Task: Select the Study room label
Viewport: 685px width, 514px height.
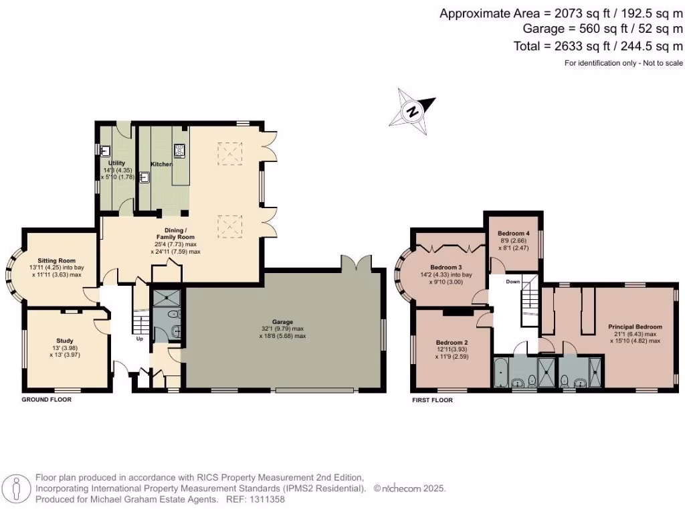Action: click(x=65, y=341)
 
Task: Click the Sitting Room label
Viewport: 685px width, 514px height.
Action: click(x=56, y=260)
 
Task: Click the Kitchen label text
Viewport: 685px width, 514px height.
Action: click(x=161, y=164)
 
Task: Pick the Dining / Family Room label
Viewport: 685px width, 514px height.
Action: click(x=175, y=233)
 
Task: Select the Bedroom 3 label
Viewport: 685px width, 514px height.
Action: click(x=446, y=267)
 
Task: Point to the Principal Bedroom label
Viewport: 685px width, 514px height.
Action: click(x=635, y=327)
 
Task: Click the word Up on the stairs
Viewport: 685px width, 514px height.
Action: click(x=139, y=339)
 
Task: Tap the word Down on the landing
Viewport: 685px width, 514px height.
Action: click(x=513, y=282)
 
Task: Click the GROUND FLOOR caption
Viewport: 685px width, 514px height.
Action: click(x=47, y=400)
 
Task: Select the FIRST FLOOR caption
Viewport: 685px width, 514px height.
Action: click(x=432, y=400)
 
